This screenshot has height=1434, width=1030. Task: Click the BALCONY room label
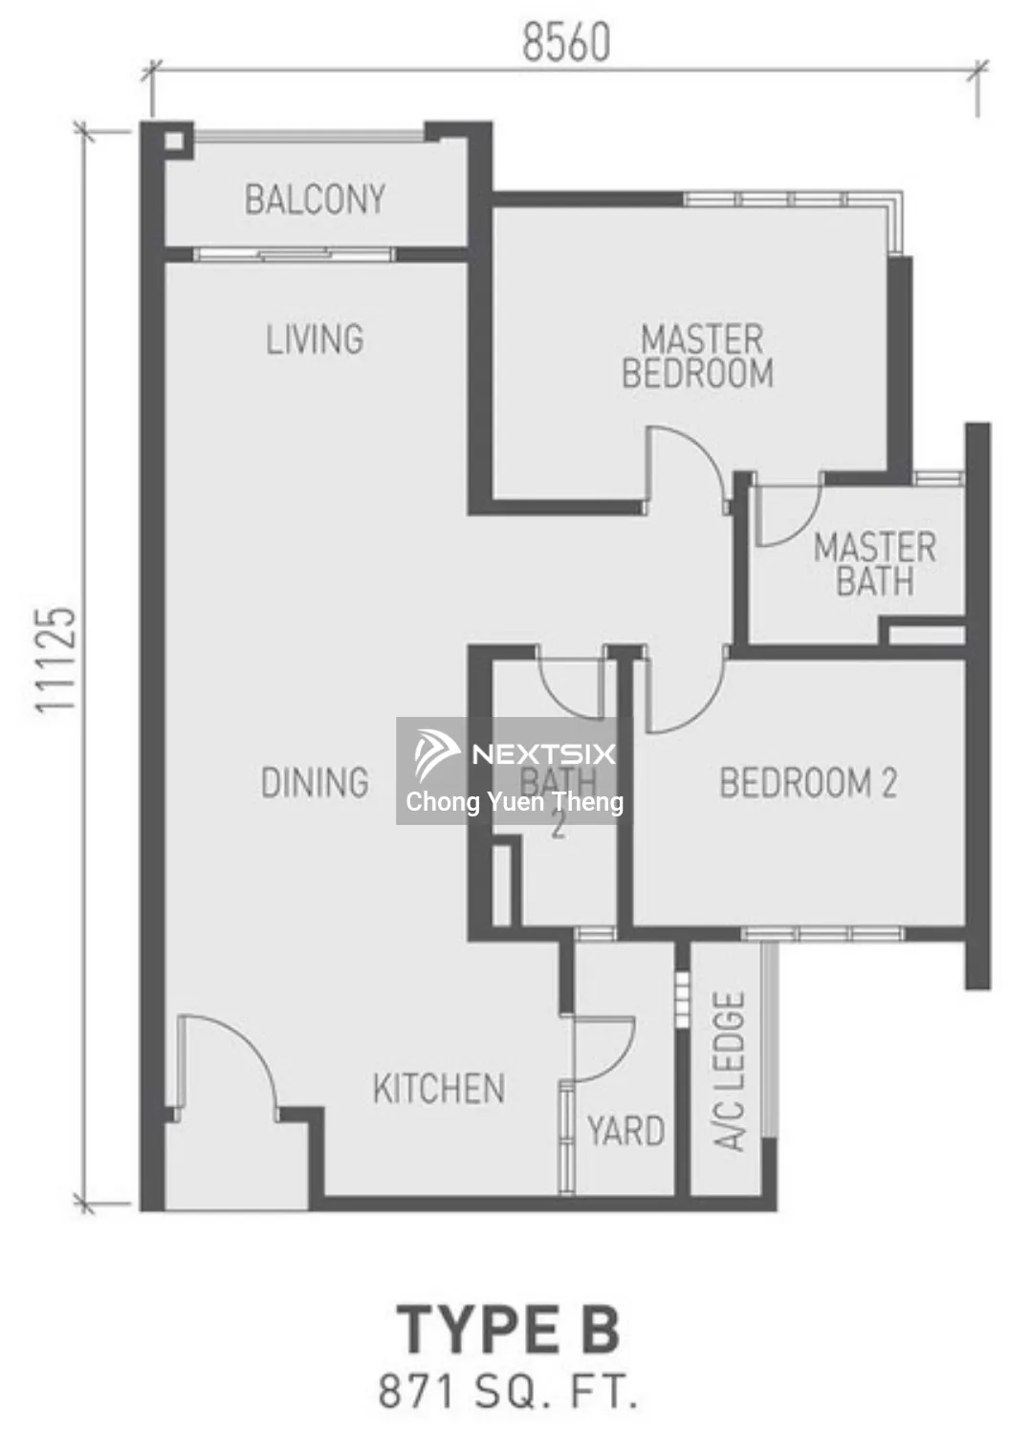[315, 200]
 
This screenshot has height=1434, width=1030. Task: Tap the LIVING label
[315, 339]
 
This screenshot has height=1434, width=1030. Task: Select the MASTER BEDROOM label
[698, 357]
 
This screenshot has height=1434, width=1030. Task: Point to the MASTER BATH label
[874, 564]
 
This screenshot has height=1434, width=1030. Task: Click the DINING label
[315, 782]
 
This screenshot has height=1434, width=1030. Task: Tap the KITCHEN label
[439, 1089]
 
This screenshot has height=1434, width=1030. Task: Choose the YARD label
[626, 1131]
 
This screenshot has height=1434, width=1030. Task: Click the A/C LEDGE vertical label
[730, 1071]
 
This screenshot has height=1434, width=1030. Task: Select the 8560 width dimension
[566, 43]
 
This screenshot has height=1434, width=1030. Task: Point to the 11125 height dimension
[56, 660]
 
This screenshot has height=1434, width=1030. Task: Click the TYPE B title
[509, 1330]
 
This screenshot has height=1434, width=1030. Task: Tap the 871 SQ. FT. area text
[509, 1391]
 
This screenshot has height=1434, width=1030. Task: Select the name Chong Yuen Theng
[515, 802]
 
